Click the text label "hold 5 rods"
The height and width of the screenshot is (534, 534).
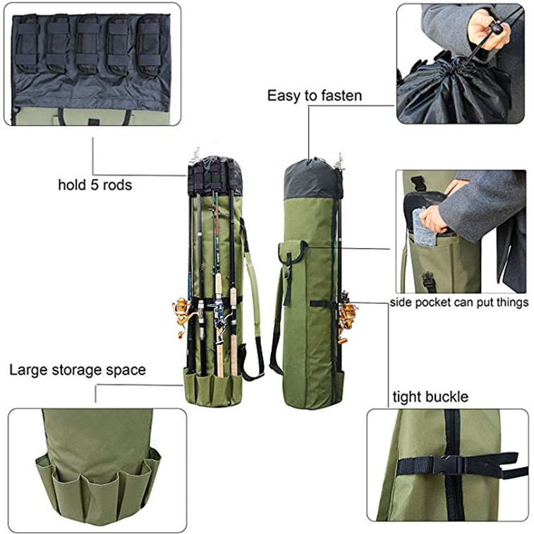coord(95,186)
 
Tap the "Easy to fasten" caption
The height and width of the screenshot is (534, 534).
coord(314,95)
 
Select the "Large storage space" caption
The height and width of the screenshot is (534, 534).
coord(78,370)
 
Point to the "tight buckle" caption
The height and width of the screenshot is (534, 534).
coord(430,397)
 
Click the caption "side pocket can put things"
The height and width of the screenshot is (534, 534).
coord(459,303)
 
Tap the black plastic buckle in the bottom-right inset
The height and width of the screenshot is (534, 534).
coord(444,466)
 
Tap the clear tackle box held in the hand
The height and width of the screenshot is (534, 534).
coord(425,228)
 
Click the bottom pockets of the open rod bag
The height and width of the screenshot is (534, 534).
coord(212,386)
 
